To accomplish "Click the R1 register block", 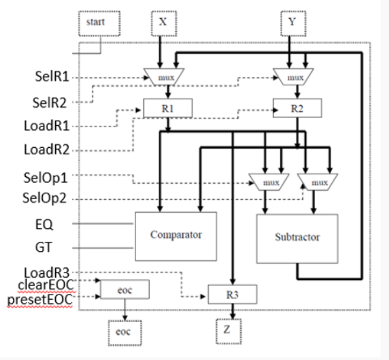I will click(x=166, y=108).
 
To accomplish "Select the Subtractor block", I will click(x=297, y=237).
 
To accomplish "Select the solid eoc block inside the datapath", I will click(x=124, y=289).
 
